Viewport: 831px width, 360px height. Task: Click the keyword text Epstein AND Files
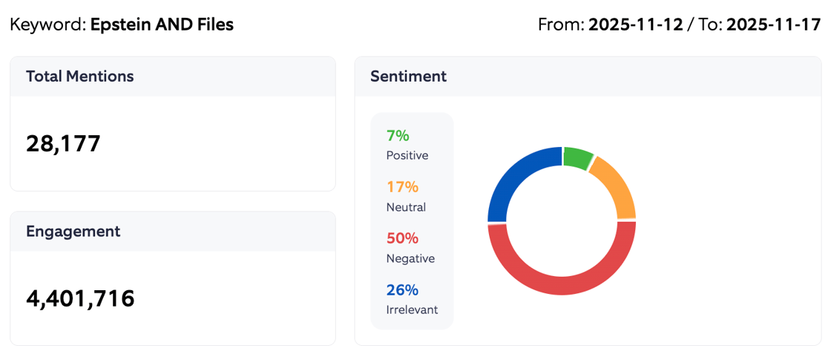coord(162,24)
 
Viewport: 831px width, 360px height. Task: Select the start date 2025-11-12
coord(635,24)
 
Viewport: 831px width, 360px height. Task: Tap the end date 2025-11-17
coord(773,24)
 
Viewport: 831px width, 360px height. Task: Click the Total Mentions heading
coord(79,76)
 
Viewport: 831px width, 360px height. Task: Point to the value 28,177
coord(63,143)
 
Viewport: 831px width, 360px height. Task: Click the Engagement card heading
coord(73,231)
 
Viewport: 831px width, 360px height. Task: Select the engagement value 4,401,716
coord(80,298)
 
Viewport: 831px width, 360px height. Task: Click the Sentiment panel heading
coord(408,76)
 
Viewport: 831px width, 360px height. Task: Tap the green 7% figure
coord(398,136)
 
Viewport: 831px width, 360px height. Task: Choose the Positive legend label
coord(407,156)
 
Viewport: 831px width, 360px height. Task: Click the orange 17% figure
coord(402,187)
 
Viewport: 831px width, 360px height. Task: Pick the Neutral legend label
coord(406,207)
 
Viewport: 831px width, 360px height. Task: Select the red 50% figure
coord(402,238)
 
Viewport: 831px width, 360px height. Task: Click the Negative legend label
coord(410,258)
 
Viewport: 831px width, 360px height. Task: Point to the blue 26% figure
coord(402,289)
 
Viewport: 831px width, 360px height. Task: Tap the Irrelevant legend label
coord(412,310)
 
